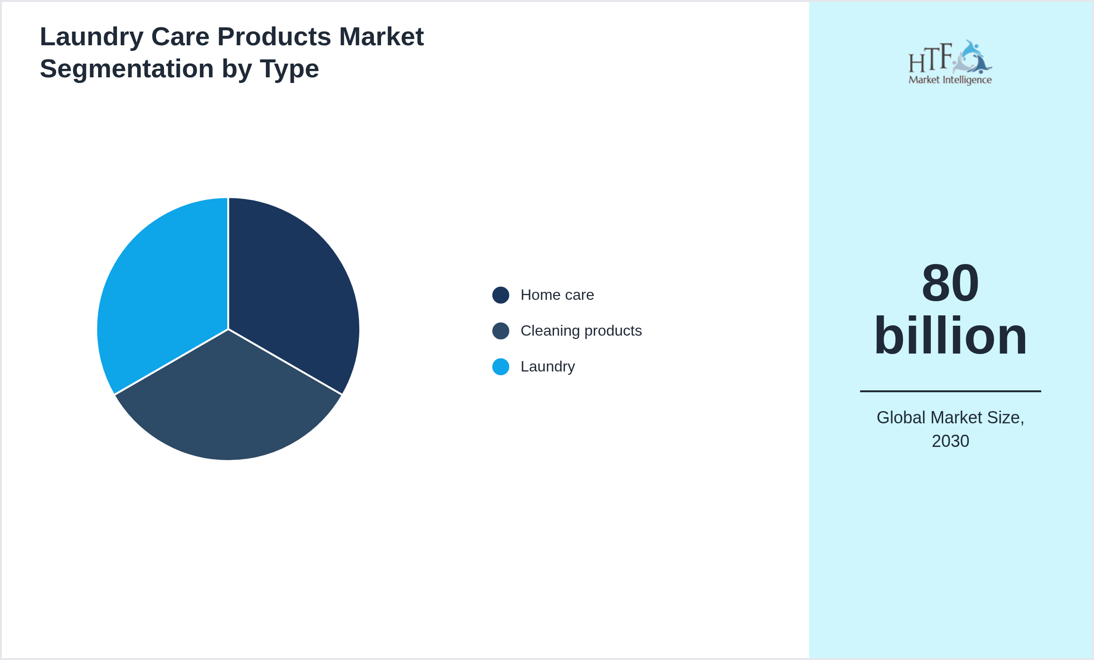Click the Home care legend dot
coord(500,295)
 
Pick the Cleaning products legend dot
coord(500,331)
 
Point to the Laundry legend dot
coord(500,367)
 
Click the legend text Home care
coord(557,295)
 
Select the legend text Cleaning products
coord(581,331)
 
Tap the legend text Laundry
coord(547,367)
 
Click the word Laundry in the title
coord(91,37)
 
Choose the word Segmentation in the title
coord(126,69)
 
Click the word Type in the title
coord(289,69)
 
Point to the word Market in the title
coord(381,37)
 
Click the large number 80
coord(950,283)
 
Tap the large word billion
coord(950,336)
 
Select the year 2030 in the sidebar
coord(950,441)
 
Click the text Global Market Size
coord(950,418)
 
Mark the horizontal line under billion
coord(950,391)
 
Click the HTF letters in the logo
coord(930,58)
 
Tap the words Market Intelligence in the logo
coord(950,80)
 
